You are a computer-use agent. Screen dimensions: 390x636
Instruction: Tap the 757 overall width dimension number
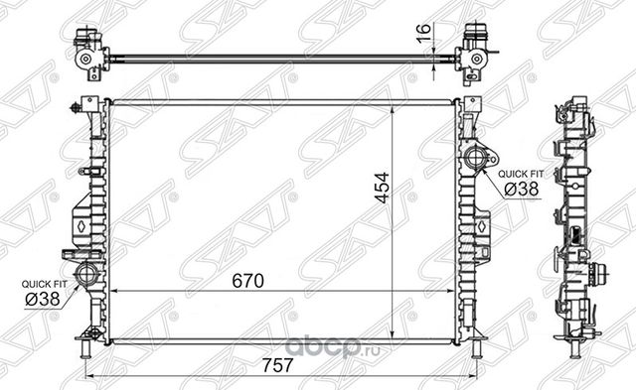282,365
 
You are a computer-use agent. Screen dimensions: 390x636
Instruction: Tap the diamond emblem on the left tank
78,224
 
